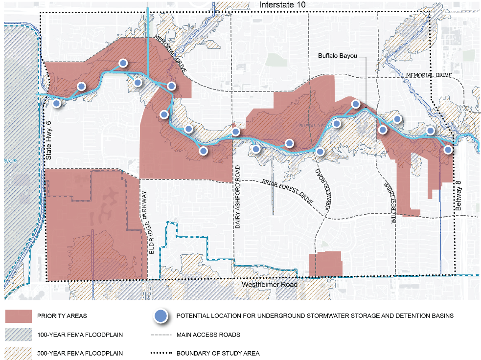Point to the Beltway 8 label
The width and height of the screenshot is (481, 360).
tap(458, 195)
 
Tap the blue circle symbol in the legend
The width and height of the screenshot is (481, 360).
tap(159, 316)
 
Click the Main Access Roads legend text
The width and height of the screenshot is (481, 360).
tap(208, 335)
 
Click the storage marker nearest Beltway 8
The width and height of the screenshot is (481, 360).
tap(447, 150)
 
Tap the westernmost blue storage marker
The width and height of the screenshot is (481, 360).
tap(57, 103)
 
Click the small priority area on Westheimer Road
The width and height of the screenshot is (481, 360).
tap(325, 264)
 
